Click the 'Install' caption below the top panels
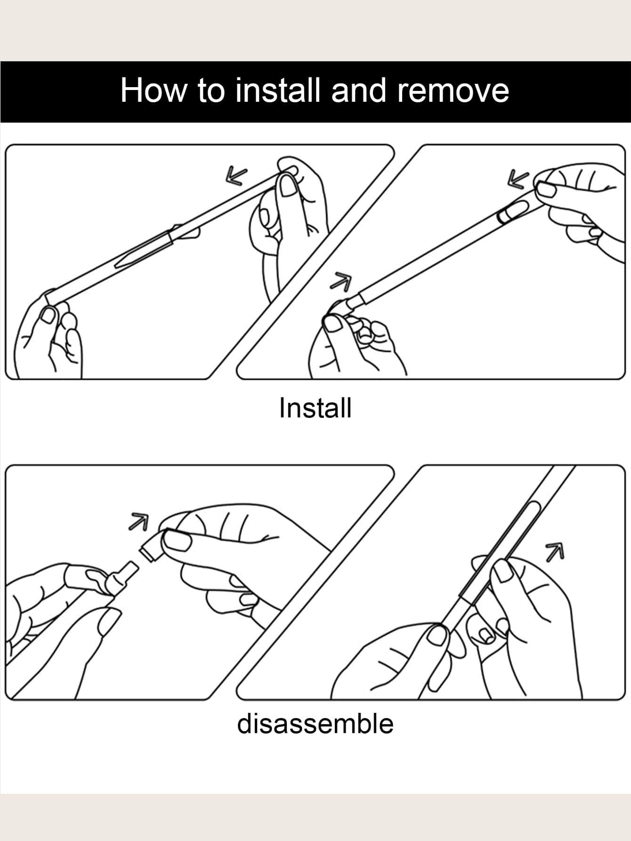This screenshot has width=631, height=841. [x=315, y=408]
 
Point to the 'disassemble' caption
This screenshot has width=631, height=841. [x=315, y=723]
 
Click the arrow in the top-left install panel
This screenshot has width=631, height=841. [x=237, y=176]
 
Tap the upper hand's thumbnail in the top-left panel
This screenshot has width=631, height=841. [x=287, y=185]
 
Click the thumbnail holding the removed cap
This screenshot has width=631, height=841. [x=177, y=541]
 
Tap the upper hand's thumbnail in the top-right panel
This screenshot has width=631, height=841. [x=547, y=190]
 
